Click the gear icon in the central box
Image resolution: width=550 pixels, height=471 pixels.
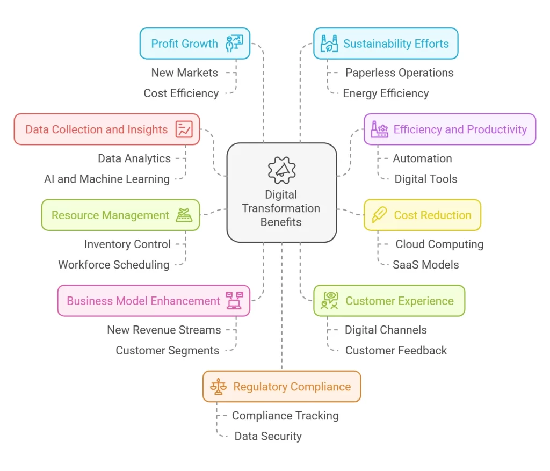281,171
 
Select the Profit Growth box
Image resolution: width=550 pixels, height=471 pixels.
194,44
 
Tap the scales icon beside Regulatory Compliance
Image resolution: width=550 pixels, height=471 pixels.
218,387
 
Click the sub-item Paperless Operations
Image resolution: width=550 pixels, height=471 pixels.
399,73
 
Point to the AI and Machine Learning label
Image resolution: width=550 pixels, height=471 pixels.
107,179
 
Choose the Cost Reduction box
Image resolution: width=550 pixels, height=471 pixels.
422,215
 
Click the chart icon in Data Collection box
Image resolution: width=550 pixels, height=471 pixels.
184,129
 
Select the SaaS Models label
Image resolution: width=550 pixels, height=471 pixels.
425,264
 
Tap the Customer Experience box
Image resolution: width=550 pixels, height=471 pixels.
389,301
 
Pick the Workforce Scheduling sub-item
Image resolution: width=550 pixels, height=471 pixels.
114,264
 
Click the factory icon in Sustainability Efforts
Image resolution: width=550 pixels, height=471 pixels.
329,44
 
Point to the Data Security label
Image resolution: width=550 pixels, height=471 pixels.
268,436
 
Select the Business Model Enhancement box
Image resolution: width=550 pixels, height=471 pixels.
154,301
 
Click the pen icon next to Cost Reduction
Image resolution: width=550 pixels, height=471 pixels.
379,215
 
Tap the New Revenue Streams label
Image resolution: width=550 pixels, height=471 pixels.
164,330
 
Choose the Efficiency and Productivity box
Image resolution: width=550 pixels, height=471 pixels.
450,129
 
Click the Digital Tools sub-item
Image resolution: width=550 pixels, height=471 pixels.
426,179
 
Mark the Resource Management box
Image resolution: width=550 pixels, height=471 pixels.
120,215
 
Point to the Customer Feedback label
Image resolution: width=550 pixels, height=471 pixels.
396,350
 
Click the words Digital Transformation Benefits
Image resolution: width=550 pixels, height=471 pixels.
281,208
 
